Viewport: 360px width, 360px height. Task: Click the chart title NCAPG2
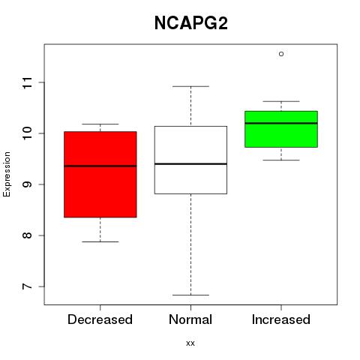click(x=191, y=23)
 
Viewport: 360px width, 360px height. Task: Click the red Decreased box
click(x=100, y=174)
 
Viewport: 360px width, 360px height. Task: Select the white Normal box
click(x=190, y=160)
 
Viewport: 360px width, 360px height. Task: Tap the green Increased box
click(x=281, y=129)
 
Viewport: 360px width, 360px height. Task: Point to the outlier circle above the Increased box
click(x=281, y=54)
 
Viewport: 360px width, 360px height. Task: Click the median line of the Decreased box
click(x=100, y=166)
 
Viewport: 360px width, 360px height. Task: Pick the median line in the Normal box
click(x=190, y=163)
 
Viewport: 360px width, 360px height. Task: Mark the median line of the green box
click(x=281, y=123)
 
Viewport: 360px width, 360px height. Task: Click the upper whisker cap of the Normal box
click(x=190, y=86)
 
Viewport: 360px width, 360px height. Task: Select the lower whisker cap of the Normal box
click(x=190, y=295)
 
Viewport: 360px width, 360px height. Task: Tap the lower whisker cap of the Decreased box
click(x=100, y=241)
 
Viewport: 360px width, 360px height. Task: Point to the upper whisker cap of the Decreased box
click(x=100, y=124)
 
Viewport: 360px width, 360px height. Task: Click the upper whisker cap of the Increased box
click(x=281, y=101)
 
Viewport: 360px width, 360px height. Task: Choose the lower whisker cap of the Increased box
click(x=281, y=160)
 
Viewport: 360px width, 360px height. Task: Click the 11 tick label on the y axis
click(x=28, y=82)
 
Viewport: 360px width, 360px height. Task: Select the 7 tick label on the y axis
click(x=28, y=286)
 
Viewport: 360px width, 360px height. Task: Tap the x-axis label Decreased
click(x=100, y=319)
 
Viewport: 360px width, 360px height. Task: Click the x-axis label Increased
click(x=281, y=319)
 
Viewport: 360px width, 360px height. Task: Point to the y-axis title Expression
click(x=7, y=174)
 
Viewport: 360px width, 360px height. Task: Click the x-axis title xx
click(x=190, y=343)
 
